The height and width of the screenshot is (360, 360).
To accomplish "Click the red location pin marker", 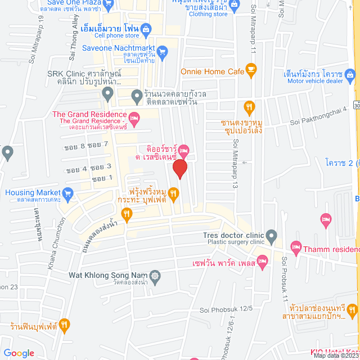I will [x=180, y=168].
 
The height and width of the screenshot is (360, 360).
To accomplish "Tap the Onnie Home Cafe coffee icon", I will [x=251, y=71].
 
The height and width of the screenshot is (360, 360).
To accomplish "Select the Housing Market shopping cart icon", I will [x=68, y=193].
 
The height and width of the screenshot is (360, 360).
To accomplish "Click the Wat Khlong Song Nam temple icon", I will [x=155, y=276].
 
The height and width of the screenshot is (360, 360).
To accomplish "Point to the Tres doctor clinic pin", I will [x=272, y=235].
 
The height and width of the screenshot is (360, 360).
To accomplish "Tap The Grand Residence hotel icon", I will [x=134, y=118].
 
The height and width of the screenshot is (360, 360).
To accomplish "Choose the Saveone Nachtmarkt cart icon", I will [x=162, y=52].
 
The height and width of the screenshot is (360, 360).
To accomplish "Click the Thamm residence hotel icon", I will [x=296, y=247].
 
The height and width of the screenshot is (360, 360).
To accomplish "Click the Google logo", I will [x=19, y=353].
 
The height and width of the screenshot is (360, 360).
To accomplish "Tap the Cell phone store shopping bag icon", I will [x=146, y=28].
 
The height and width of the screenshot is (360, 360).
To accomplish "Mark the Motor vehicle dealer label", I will [x=315, y=80].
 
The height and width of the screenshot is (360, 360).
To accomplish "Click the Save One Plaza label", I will [x=70, y=2].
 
